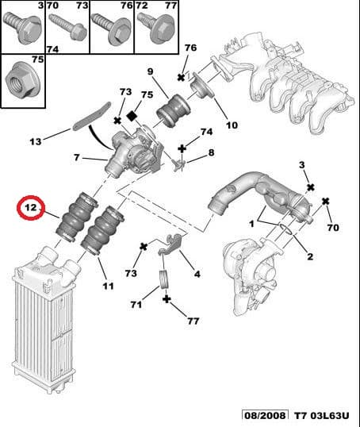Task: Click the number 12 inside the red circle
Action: point(31,210)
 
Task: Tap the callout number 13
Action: point(35,142)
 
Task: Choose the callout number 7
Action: point(76,158)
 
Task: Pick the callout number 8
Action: point(210,152)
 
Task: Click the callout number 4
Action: point(197,275)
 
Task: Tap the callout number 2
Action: point(309,256)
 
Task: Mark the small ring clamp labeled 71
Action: point(165,279)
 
